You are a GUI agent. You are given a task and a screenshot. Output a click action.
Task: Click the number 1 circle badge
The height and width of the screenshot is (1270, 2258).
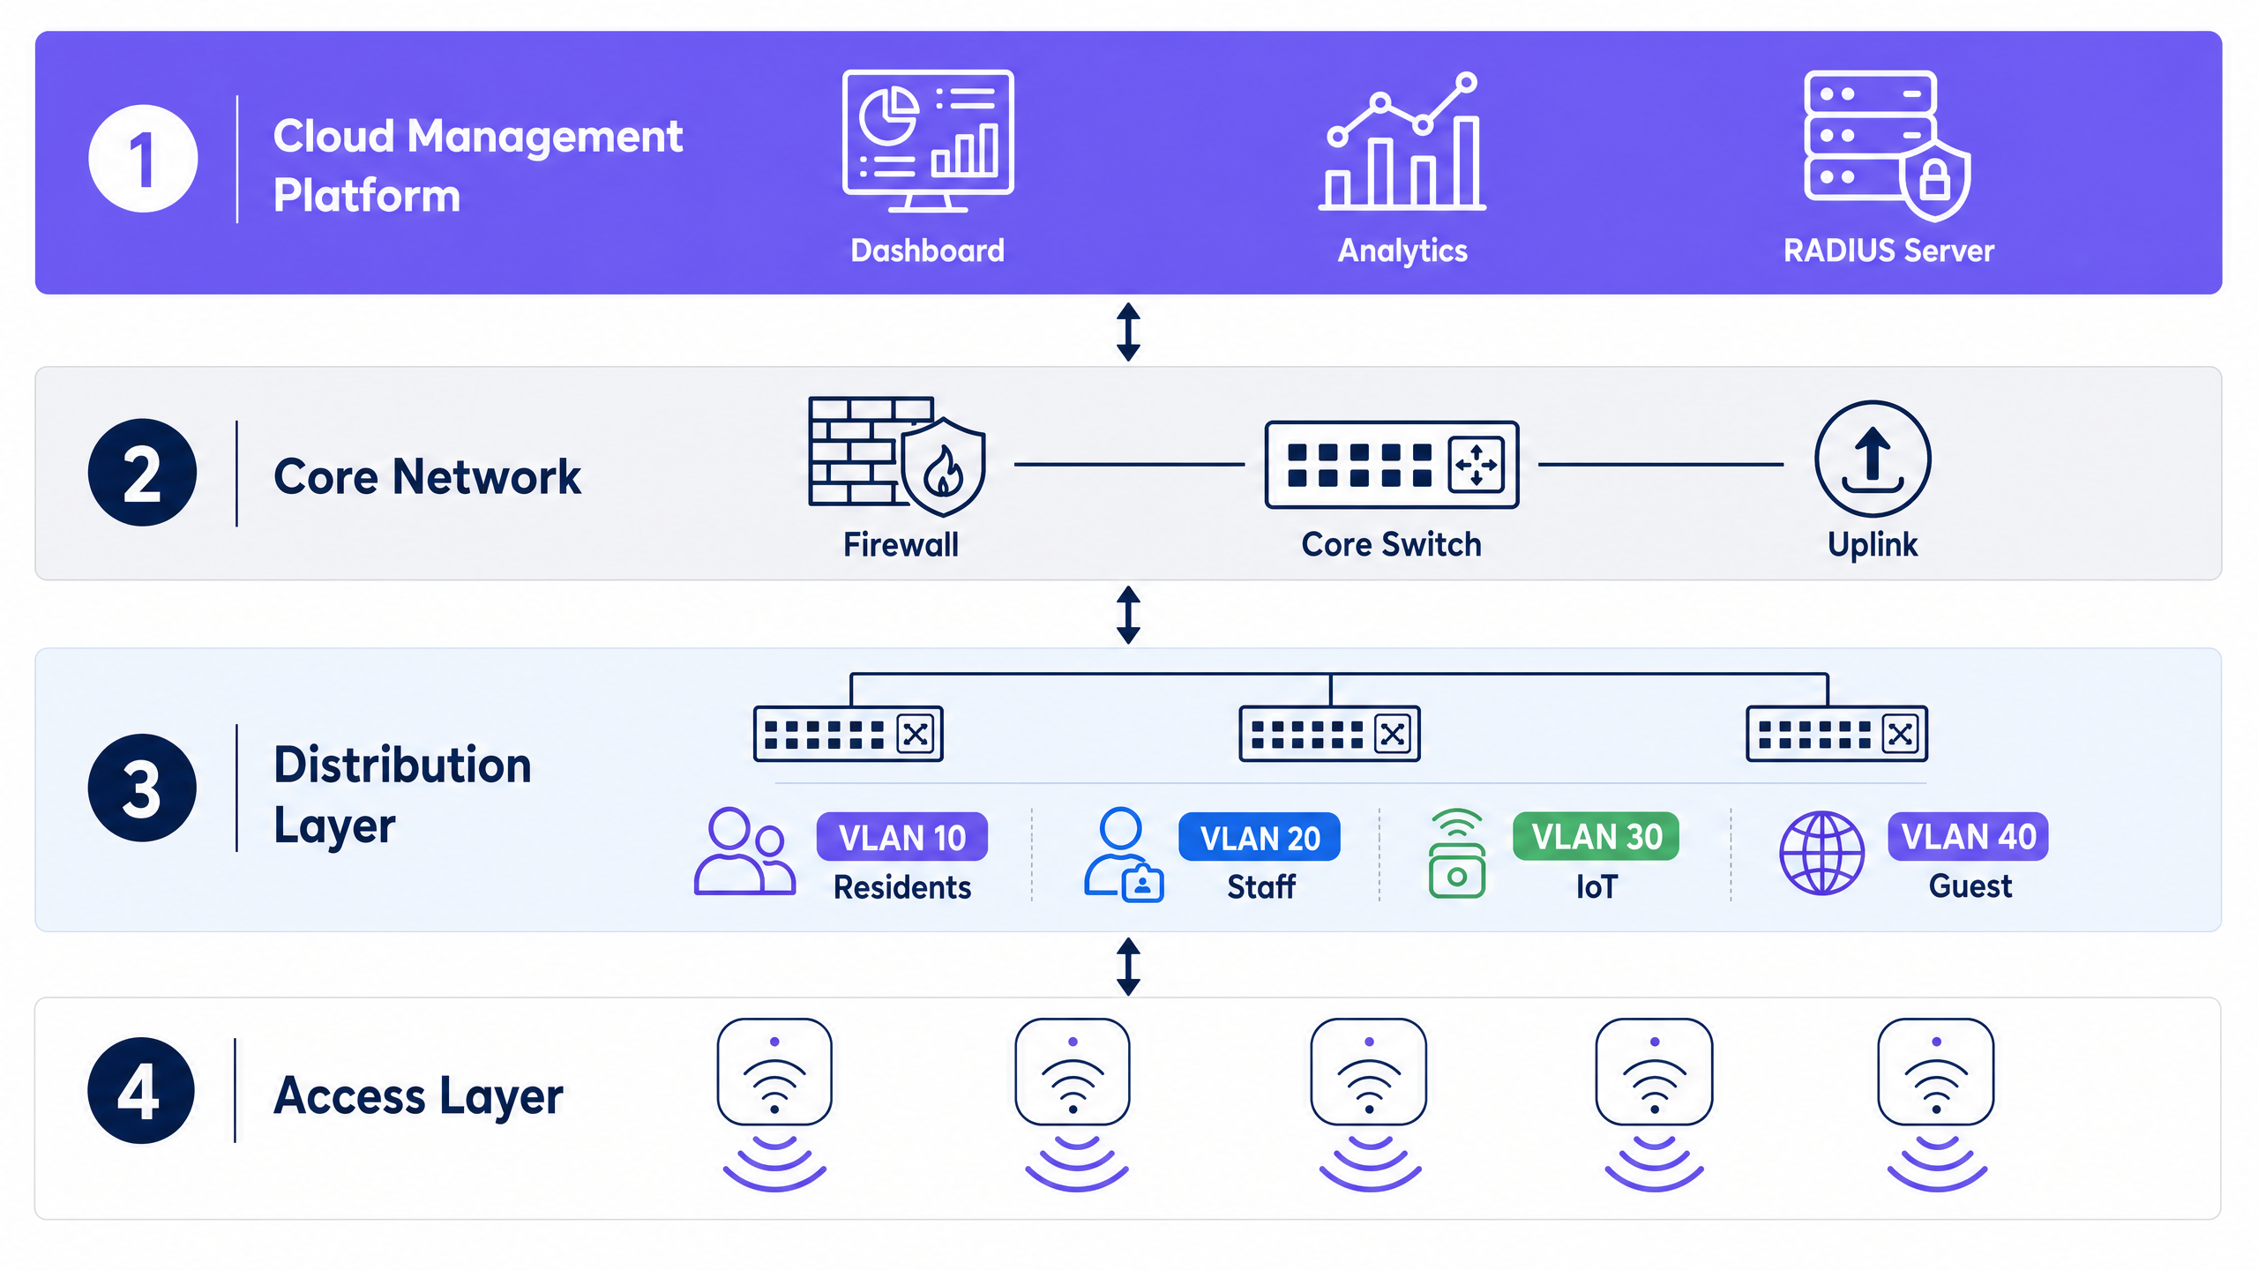(x=143, y=159)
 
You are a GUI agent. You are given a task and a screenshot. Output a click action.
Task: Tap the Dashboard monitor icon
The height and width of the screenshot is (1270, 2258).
(x=928, y=141)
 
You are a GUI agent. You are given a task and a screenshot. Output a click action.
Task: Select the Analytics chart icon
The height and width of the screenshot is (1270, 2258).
(x=1402, y=141)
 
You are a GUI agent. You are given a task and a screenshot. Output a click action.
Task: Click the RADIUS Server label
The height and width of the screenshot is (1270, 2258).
(x=1888, y=250)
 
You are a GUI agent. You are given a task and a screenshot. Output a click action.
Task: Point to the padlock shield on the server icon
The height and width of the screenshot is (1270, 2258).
(x=1935, y=181)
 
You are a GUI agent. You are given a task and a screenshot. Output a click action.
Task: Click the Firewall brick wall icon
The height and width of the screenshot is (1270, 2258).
(x=897, y=456)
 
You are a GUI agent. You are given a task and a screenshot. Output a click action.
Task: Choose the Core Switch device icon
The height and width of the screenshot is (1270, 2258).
(x=1392, y=465)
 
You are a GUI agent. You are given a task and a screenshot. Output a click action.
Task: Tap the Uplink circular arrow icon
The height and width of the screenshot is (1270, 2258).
(x=1873, y=459)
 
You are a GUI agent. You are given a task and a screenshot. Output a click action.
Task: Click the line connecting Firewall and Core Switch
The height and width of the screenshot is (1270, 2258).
(x=1129, y=464)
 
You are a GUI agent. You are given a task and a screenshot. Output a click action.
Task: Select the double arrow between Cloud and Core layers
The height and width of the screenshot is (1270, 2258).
(x=1128, y=332)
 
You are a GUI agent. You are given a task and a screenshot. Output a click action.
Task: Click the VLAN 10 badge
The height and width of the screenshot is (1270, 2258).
(x=902, y=837)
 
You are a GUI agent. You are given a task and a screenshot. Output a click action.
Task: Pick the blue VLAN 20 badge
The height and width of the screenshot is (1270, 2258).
(x=1260, y=837)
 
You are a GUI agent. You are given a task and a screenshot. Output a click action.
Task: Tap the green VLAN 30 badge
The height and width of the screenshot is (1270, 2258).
(x=1596, y=836)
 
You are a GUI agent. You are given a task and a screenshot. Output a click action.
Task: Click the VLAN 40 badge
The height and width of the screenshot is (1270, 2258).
(x=1968, y=836)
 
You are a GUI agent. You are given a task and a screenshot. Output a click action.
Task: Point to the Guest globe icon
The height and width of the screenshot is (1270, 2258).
(x=1821, y=853)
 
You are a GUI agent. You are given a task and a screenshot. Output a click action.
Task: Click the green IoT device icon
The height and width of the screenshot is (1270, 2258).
(x=1457, y=854)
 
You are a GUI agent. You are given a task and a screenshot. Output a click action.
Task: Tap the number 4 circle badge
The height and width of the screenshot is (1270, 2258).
(x=141, y=1091)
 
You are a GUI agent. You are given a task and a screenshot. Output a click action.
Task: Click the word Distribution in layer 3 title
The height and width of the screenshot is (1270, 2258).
(x=402, y=765)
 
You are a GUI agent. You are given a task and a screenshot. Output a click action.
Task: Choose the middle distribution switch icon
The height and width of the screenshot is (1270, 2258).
(x=1329, y=733)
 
